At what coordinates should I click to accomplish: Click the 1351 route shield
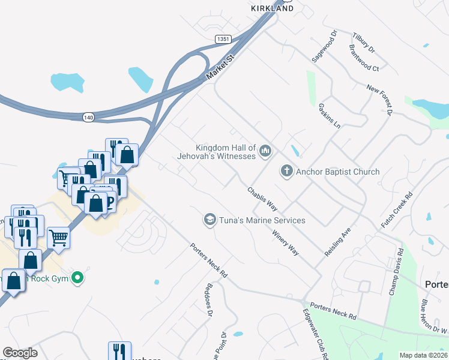223,38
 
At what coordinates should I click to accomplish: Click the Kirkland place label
272,8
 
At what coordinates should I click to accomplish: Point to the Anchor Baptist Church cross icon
287,172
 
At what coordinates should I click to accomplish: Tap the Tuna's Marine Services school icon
209,220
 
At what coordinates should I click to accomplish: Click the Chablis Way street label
262,198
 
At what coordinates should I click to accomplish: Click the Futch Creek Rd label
397,210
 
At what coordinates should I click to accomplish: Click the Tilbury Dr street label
364,41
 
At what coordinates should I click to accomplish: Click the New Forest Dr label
380,99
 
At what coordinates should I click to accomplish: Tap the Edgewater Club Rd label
316,336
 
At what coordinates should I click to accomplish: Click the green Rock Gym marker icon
77,278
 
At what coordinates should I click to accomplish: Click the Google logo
19,353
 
